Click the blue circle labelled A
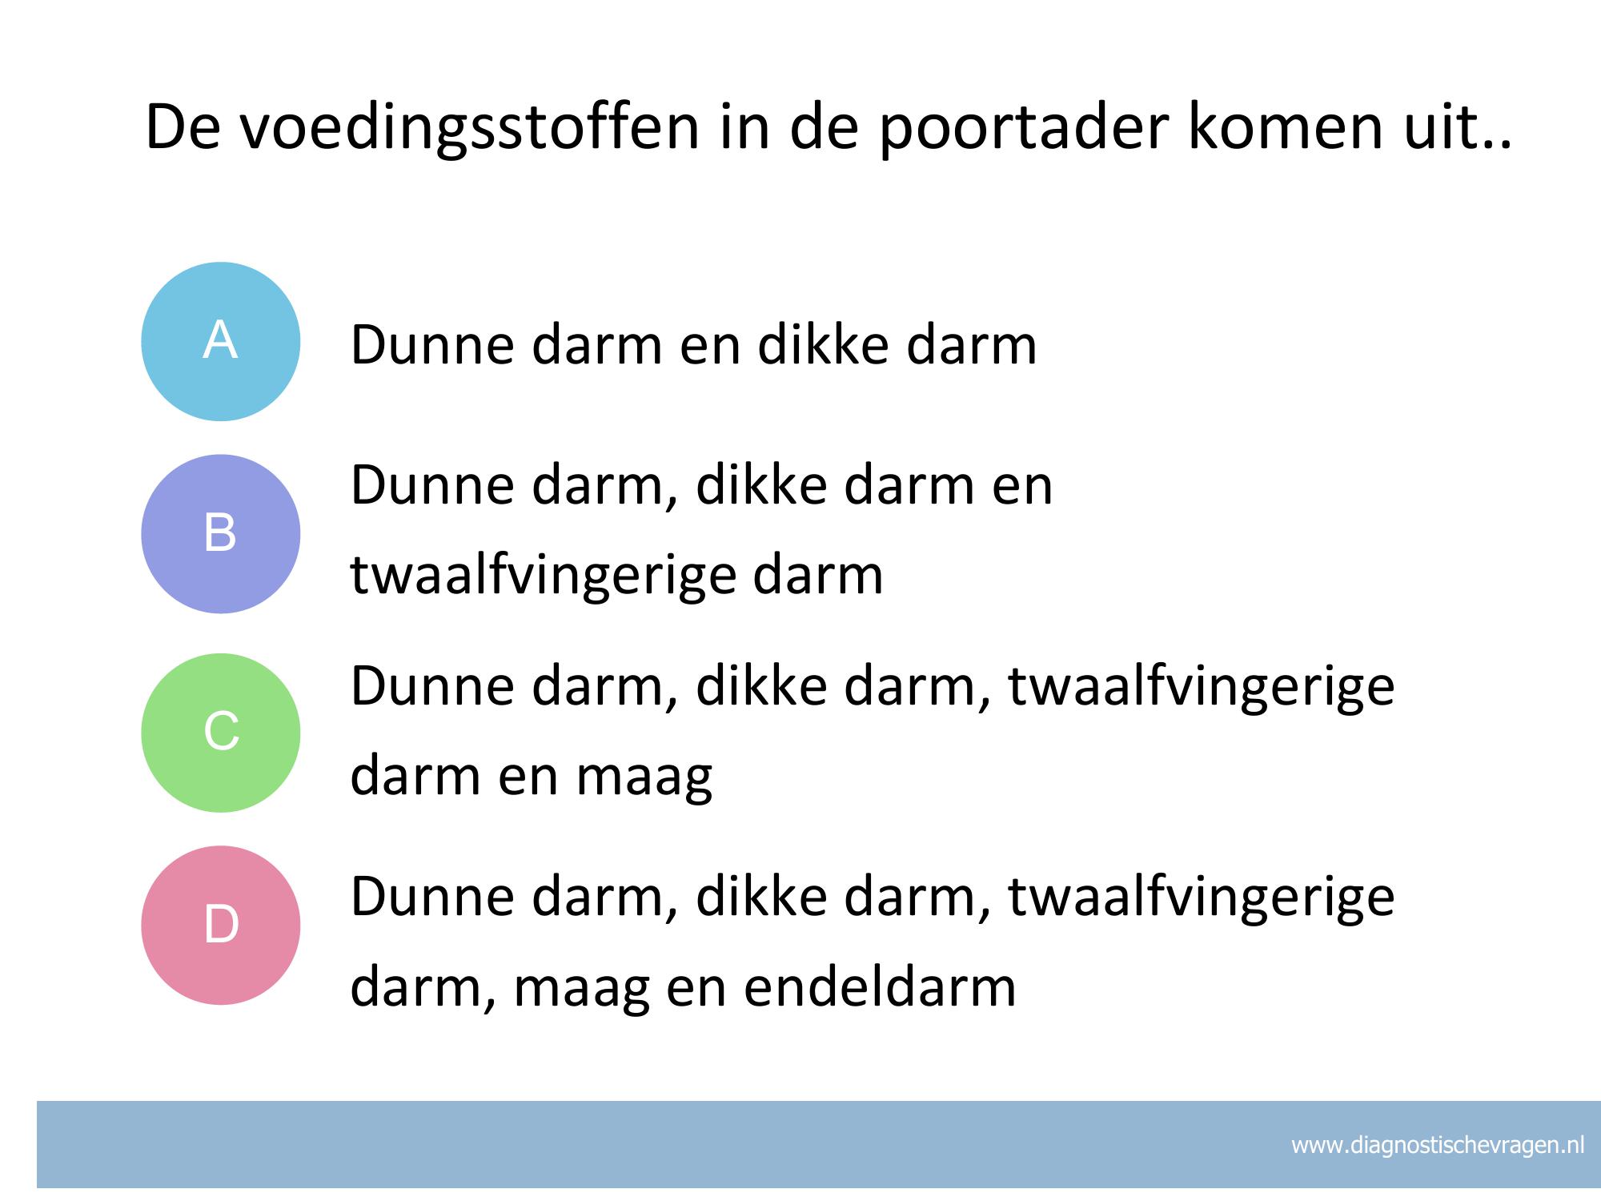point(221,342)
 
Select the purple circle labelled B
point(221,534)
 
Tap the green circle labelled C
point(221,733)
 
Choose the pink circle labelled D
point(221,925)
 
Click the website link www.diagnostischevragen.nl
point(1438,1145)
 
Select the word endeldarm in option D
point(880,986)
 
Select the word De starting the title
point(182,128)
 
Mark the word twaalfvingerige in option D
point(1201,898)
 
